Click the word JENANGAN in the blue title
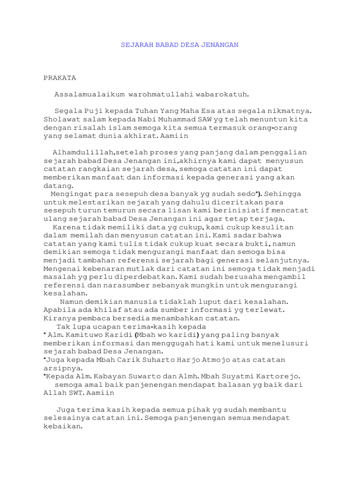[x=221, y=45]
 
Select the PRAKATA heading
[x=60, y=77]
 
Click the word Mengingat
[x=69, y=194]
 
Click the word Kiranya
[x=59, y=318]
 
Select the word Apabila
[x=60, y=310]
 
